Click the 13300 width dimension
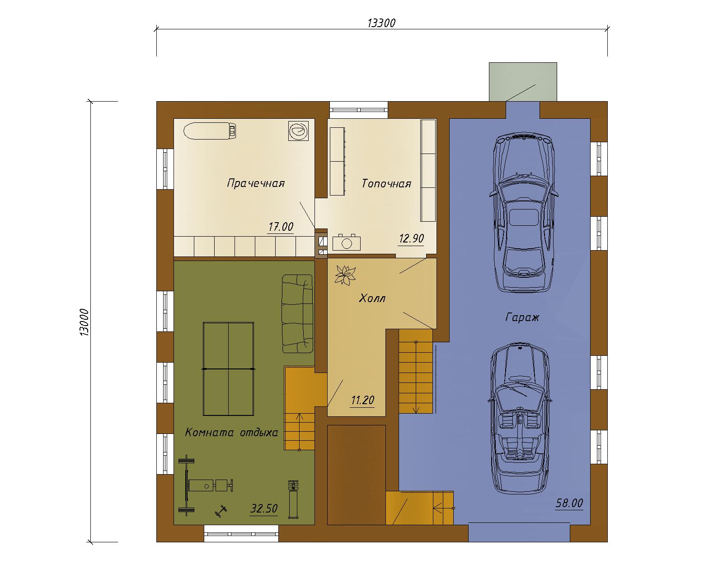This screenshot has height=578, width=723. pyautogui.click(x=381, y=23)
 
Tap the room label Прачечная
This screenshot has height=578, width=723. pyautogui.click(x=256, y=183)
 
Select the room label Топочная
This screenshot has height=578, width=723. pyautogui.click(x=386, y=183)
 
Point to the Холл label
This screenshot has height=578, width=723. pyautogui.click(x=372, y=298)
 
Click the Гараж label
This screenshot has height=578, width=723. pyautogui.click(x=522, y=317)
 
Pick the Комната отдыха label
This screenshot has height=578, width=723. pyautogui.click(x=231, y=432)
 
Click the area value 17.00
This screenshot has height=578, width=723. pyautogui.click(x=281, y=227)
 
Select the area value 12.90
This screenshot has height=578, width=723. pyautogui.click(x=411, y=238)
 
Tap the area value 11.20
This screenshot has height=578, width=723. pyautogui.click(x=362, y=400)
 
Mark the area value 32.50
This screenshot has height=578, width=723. pyautogui.click(x=264, y=508)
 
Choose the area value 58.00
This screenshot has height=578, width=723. pyautogui.click(x=569, y=503)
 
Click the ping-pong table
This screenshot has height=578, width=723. pyautogui.click(x=229, y=369)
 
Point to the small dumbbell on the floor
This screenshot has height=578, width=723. pyautogui.click(x=221, y=512)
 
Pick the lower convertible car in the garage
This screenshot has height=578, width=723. pyautogui.click(x=520, y=419)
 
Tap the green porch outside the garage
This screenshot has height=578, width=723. pyautogui.click(x=523, y=82)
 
